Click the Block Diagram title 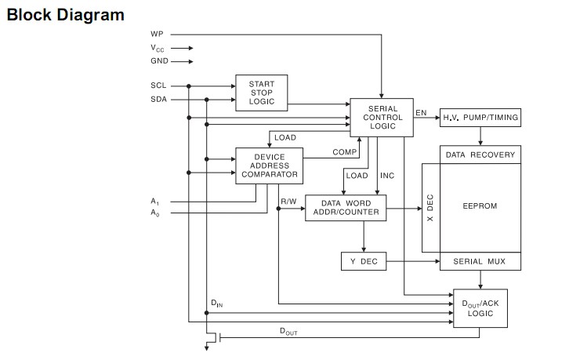pyautogui.click(x=65, y=15)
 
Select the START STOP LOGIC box pyautogui.click(x=262, y=92)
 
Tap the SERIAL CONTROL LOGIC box pyautogui.click(x=380, y=117)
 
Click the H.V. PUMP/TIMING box pyautogui.click(x=480, y=118)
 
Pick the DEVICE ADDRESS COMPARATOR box pyautogui.click(x=269, y=165)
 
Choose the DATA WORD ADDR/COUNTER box pyautogui.click(x=346, y=207)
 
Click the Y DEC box pyautogui.click(x=364, y=261)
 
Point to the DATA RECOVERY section pyautogui.click(x=480, y=155)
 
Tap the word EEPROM pyautogui.click(x=480, y=206)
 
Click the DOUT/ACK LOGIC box pyautogui.click(x=480, y=308)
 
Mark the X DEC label pyautogui.click(x=429, y=208)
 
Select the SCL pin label pyautogui.click(x=158, y=85)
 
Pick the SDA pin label pyautogui.click(x=158, y=99)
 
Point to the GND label pyautogui.click(x=159, y=61)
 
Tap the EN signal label pyautogui.click(x=421, y=113)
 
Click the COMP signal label pyautogui.click(x=344, y=151)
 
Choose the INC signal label pyautogui.click(x=387, y=175)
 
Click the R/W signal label pyautogui.click(x=288, y=202)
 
